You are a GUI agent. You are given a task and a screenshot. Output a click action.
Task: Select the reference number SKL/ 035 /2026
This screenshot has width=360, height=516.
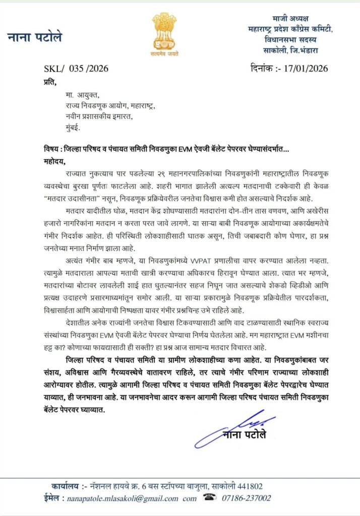76,69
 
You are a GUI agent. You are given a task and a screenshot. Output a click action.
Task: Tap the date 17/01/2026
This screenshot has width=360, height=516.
302,68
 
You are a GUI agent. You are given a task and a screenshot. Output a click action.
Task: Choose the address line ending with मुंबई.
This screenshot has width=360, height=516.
70,127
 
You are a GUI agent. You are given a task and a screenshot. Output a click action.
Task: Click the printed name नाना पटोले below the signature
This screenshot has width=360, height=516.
246,434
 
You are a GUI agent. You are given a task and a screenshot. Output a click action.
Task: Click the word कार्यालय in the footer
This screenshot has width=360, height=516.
66,486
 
